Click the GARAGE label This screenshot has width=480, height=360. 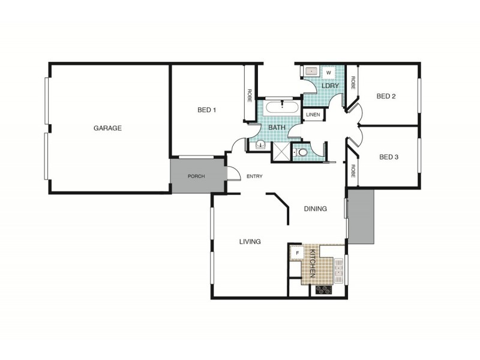[107, 128]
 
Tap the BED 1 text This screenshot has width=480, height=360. [206, 110]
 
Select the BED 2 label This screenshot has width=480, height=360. [386, 96]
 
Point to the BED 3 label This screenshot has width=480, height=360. [389, 157]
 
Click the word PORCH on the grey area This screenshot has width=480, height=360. [197, 176]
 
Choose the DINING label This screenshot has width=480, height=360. [315, 209]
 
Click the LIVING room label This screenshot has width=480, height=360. [250, 242]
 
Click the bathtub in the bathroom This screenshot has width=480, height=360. [281, 109]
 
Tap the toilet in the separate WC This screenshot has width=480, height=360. [301, 154]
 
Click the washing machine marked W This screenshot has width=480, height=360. [328, 73]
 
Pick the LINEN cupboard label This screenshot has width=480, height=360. [313, 115]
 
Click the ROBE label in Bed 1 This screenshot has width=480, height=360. [249, 96]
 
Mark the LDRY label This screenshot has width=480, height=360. [330, 86]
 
